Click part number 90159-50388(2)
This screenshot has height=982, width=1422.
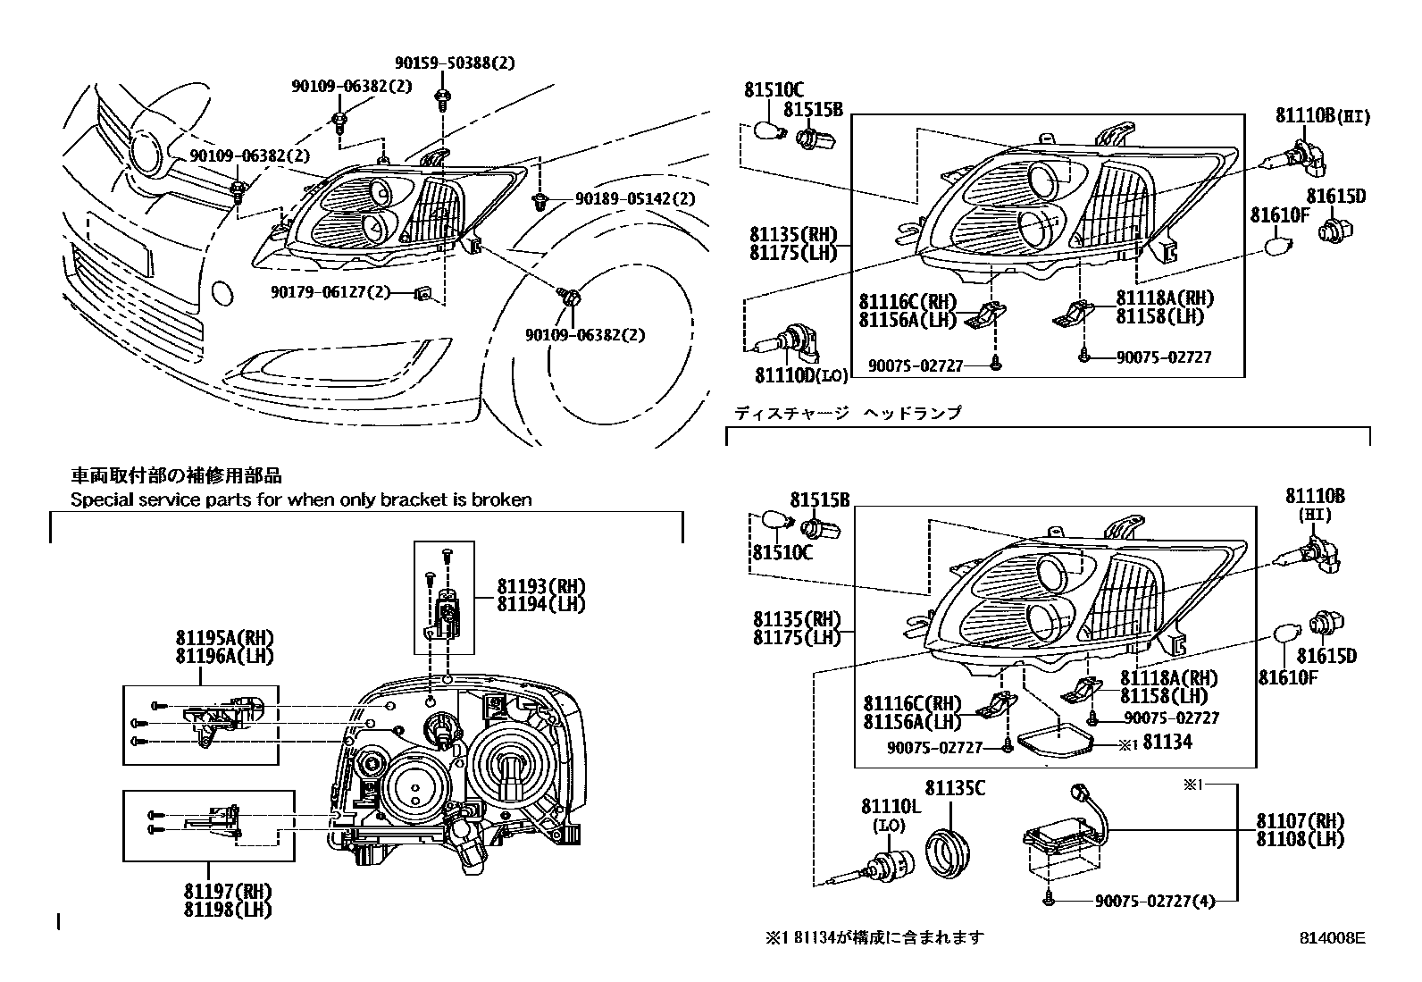coord(455,63)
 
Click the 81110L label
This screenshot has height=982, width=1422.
coord(891,806)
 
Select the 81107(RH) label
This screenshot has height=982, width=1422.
coord(1300,820)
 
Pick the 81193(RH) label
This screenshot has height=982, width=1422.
coord(540,586)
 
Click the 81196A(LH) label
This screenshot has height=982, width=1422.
coord(224,655)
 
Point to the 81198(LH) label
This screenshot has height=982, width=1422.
coord(228,910)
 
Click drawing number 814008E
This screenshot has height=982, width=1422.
coord(1333,938)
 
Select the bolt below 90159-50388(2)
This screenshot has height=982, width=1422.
coord(441,96)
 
